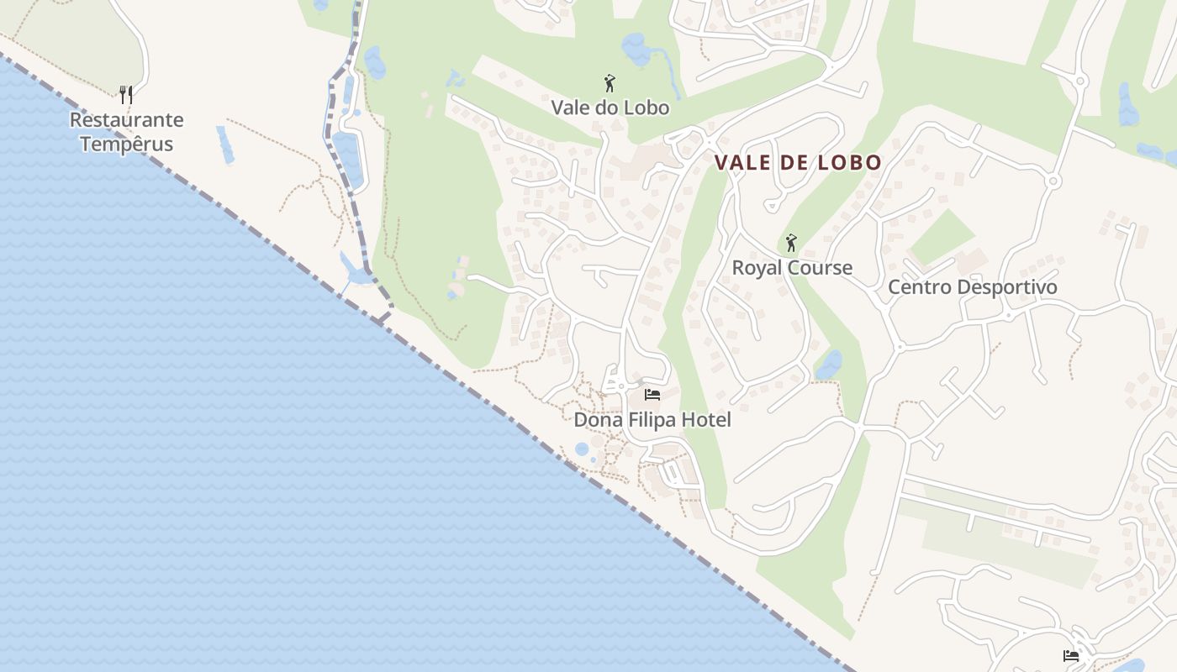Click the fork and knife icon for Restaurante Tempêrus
[x=126, y=94]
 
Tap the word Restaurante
[x=126, y=120]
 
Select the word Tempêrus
[x=126, y=144]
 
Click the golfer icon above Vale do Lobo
[x=610, y=83]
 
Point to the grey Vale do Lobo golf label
[x=610, y=108]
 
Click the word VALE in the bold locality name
[x=742, y=163]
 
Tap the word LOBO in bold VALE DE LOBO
[x=851, y=163]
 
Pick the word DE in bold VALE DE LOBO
[x=794, y=163]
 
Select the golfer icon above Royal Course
[x=790, y=244]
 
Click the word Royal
[x=757, y=268]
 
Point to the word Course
[x=820, y=268]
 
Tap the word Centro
[x=919, y=287]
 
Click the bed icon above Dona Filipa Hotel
[x=652, y=394]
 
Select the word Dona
[x=596, y=419]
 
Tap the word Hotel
[x=706, y=419]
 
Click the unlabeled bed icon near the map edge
[x=1071, y=655]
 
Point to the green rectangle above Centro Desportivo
[x=942, y=237]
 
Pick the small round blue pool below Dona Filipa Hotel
[x=582, y=449]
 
